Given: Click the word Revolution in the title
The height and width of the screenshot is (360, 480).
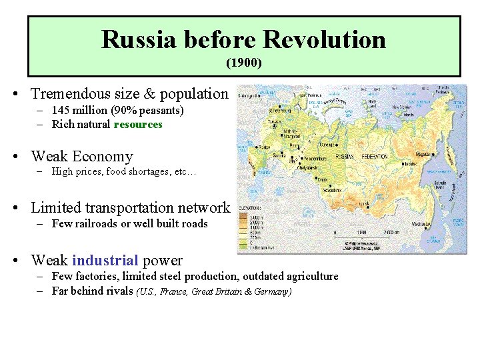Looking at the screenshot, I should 324,39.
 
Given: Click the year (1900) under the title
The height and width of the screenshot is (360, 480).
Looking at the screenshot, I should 243,64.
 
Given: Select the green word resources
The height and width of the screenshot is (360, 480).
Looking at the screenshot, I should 138,124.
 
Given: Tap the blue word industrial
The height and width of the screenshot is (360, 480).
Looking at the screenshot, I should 105,261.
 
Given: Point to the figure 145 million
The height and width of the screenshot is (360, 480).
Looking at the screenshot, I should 76,110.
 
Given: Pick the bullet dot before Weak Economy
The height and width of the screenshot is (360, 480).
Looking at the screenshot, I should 14,157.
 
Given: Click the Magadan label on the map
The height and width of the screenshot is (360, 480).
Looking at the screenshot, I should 425,154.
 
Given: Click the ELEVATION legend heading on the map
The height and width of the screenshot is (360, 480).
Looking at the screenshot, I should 251,207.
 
